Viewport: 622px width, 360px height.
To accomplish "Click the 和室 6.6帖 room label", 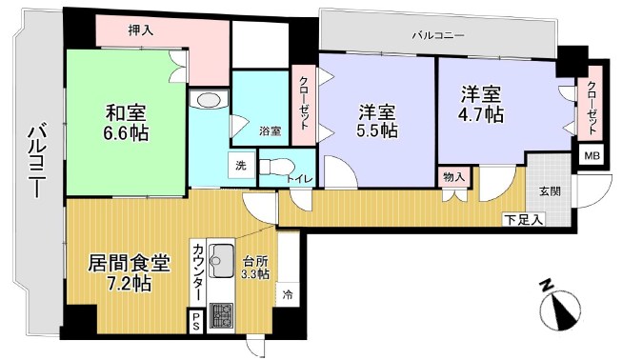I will [124, 121].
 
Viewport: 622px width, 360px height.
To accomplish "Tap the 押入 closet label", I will [141, 30].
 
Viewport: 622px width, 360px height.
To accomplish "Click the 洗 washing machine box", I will [241, 165].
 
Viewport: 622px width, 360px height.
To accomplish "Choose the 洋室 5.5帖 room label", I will [376, 120].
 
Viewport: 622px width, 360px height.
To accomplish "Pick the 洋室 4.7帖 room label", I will [482, 104].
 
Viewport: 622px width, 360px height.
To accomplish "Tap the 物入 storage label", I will [454, 177].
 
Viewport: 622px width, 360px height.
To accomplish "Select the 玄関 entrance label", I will [549, 191].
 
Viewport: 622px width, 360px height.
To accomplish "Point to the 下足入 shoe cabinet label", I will [523, 221].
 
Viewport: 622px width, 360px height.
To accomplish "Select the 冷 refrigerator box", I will [287, 295].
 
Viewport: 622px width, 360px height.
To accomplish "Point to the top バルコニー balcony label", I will [437, 35].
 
